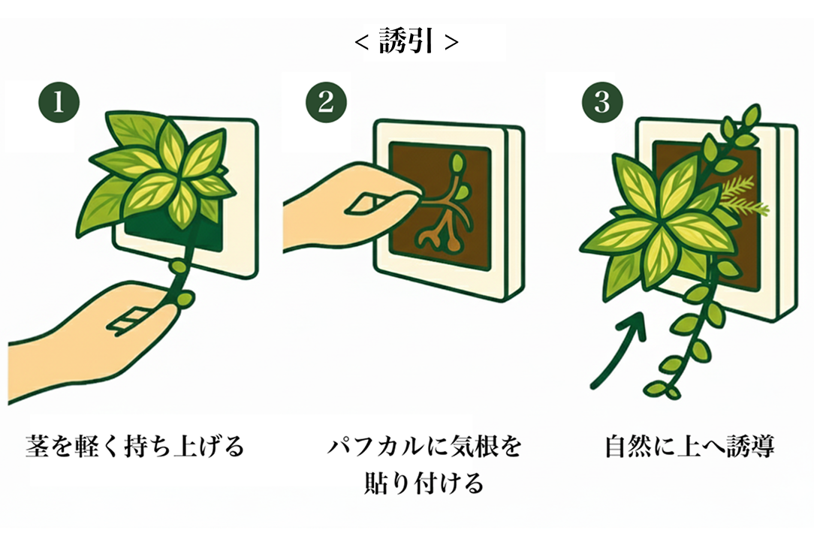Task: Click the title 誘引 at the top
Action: click(x=405, y=41)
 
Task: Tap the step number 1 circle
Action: click(x=59, y=102)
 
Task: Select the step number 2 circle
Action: click(x=326, y=102)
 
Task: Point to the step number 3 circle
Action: click(x=602, y=102)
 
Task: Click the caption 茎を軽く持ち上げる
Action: click(x=135, y=447)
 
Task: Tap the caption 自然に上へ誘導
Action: click(x=690, y=447)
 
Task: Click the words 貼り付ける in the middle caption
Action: click(x=424, y=483)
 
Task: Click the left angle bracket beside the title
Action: click(x=362, y=42)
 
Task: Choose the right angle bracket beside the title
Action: click(x=451, y=42)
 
